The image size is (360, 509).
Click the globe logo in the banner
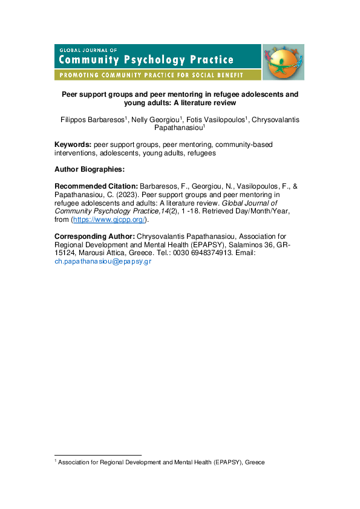click(x=283, y=62)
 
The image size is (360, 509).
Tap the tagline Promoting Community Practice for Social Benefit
click(x=149, y=76)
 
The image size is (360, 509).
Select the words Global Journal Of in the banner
click(x=88, y=49)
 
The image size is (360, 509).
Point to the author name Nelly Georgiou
click(x=155, y=120)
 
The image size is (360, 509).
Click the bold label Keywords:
click(x=73, y=145)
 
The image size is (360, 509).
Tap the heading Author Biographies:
click(x=89, y=170)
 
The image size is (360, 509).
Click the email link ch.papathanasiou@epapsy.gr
click(x=102, y=261)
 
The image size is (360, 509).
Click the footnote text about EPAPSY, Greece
click(x=161, y=462)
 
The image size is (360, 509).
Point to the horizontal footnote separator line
click(x=97, y=455)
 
